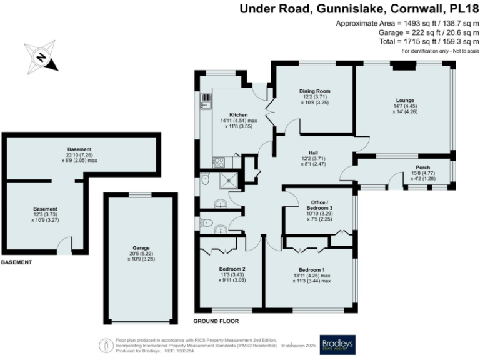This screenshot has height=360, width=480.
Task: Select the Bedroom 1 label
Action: click(307, 269)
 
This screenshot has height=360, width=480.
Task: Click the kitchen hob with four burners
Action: click(219, 162)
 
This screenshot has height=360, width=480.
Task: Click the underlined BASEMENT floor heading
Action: click(16, 262)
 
